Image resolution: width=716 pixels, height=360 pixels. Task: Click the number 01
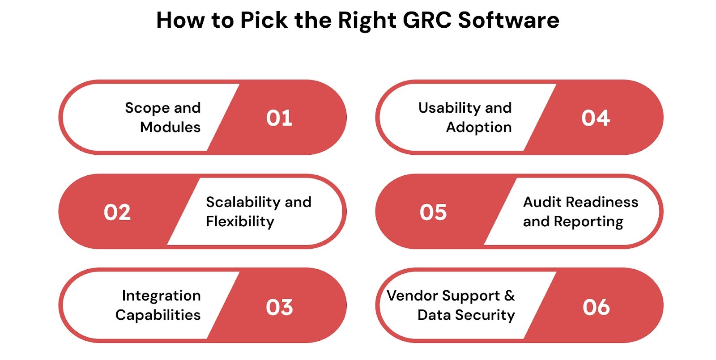[x=279, y=118]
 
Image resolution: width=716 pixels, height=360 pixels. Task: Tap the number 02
[x=117, y=212]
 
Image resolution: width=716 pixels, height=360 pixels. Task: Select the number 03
[x=279, y=307]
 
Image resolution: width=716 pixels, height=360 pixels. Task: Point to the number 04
[x=596, y=118]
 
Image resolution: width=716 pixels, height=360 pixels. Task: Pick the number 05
[x=433, y=212]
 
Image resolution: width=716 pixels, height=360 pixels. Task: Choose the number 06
[x=596, y=307]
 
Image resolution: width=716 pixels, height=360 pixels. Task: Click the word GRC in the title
[x=427, y=20]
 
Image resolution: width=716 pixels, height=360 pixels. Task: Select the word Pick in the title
[x=264, y=20]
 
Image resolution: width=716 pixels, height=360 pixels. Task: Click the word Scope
[x=147, y=108]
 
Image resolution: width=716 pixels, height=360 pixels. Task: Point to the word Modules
[x=170, y=127]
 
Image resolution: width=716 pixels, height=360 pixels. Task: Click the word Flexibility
[x=240, y=221]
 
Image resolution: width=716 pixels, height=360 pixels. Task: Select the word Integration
[x=161, y=296]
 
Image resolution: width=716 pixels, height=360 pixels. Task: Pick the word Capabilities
[x=158, y=315]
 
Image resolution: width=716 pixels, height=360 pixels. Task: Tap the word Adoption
[x=479, y=127]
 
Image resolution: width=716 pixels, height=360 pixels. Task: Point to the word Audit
[x=542, y=202]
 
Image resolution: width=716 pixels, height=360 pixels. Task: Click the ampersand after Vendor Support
[x=509, y=296]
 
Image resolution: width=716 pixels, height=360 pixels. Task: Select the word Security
[x=485, y=315]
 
